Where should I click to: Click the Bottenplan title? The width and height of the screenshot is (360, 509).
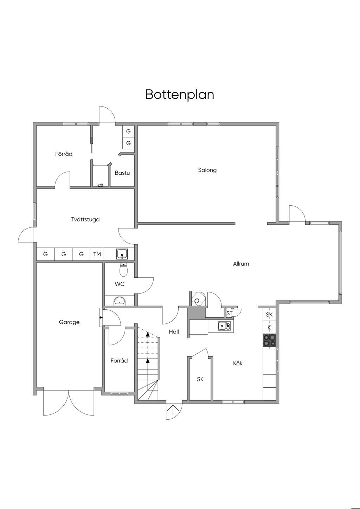(180, 95)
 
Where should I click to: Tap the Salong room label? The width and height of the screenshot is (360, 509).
(207, 170)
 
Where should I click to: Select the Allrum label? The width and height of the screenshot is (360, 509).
(241, 264)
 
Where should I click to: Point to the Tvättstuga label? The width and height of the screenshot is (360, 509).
(85, 219)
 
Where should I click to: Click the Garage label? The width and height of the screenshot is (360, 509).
(69, 322)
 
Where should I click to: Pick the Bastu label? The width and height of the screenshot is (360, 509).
(122, 173)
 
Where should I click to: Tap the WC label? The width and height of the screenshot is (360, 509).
(120, 284)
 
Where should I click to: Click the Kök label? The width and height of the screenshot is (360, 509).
(238, 363)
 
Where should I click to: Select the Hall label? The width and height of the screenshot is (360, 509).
(174, 331)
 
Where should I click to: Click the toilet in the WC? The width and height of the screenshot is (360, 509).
(123, 270)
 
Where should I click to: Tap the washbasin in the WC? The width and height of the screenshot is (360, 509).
(120, 301)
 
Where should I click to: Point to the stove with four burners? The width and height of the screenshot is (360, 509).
(270, 340)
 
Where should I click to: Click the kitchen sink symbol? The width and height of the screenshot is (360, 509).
(224, 326)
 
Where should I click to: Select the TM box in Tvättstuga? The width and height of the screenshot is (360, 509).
(97, 254)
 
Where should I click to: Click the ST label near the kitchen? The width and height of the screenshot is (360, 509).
(230, 313)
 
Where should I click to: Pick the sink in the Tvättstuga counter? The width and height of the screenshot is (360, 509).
(122, 253)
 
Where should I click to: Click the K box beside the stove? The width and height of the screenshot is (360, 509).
(269, 327)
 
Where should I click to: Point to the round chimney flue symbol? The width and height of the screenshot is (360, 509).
(197, 301)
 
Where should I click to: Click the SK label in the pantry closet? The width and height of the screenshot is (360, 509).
(200, 379)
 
